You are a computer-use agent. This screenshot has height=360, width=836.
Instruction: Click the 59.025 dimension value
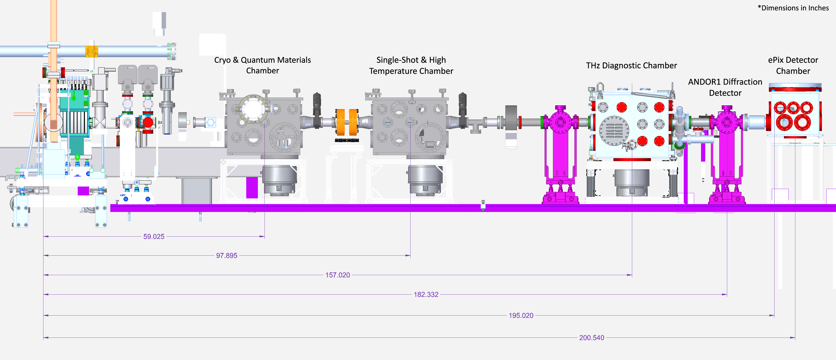tap(154, 237)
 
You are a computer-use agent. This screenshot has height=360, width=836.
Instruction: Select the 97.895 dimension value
tap(227, 256)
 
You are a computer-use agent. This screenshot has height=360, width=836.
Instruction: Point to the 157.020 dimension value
tap(338, 275)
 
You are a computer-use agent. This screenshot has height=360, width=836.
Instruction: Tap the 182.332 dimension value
tap(426, 295)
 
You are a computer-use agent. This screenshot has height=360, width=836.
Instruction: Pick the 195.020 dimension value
tap(521, 316)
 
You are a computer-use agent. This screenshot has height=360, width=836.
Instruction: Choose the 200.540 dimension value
tap(592, 338)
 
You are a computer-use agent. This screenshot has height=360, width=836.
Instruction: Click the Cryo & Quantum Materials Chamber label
tap(262, 65)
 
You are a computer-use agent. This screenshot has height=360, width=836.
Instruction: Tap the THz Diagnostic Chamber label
tap(631, 66)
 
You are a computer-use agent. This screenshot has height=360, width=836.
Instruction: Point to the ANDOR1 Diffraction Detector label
tap(725, 87)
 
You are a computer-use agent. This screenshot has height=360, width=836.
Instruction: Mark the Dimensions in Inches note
tap(793, 8)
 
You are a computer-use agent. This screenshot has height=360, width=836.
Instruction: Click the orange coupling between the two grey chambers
tap(347, 122)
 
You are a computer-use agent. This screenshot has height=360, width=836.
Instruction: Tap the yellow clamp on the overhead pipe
tap(92, 52)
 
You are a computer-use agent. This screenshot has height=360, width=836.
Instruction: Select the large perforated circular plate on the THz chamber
tap(614, 131)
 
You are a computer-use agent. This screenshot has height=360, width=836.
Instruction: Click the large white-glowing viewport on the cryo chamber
tap(253, 109)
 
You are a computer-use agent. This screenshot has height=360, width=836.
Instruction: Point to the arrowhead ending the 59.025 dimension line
tap(263, 237)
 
